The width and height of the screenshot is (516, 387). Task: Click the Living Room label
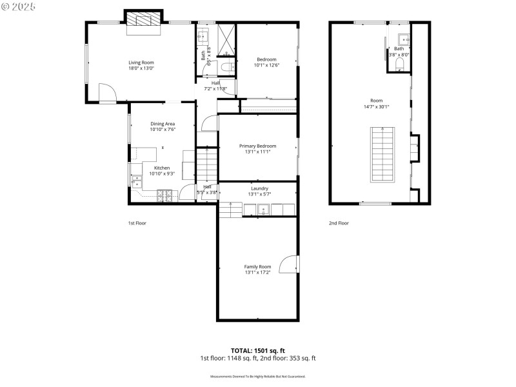click(x=141, y=63)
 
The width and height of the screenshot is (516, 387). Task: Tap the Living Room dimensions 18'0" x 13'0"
click(x=141, y=68)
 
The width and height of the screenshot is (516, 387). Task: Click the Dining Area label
click(x=163, y=124)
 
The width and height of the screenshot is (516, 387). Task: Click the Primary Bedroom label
click(x=257, y=146)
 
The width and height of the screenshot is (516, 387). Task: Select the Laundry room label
click(x=259, y=188)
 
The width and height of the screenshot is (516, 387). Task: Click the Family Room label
click(x=257, y=266)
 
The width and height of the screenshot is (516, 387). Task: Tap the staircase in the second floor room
click(x=381, y=155)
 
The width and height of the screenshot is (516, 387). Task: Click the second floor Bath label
click(x=399, y=49)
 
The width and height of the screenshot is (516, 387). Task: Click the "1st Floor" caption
click(x=137, y=223)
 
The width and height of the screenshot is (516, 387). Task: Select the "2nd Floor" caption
click(x=339, y=223)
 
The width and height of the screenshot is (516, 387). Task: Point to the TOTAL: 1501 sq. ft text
click(x=257, y=351)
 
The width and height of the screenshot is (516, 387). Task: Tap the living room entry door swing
click(x=107, y=94)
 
